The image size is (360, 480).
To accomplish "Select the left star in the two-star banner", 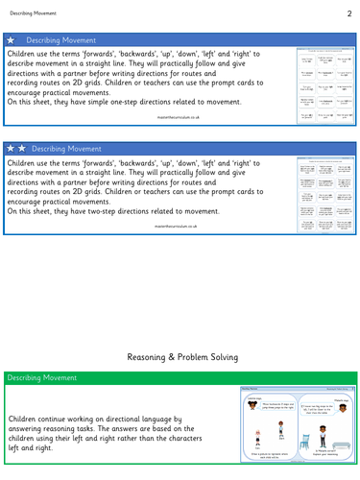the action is pyautogui.click(x=11, y=150).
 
